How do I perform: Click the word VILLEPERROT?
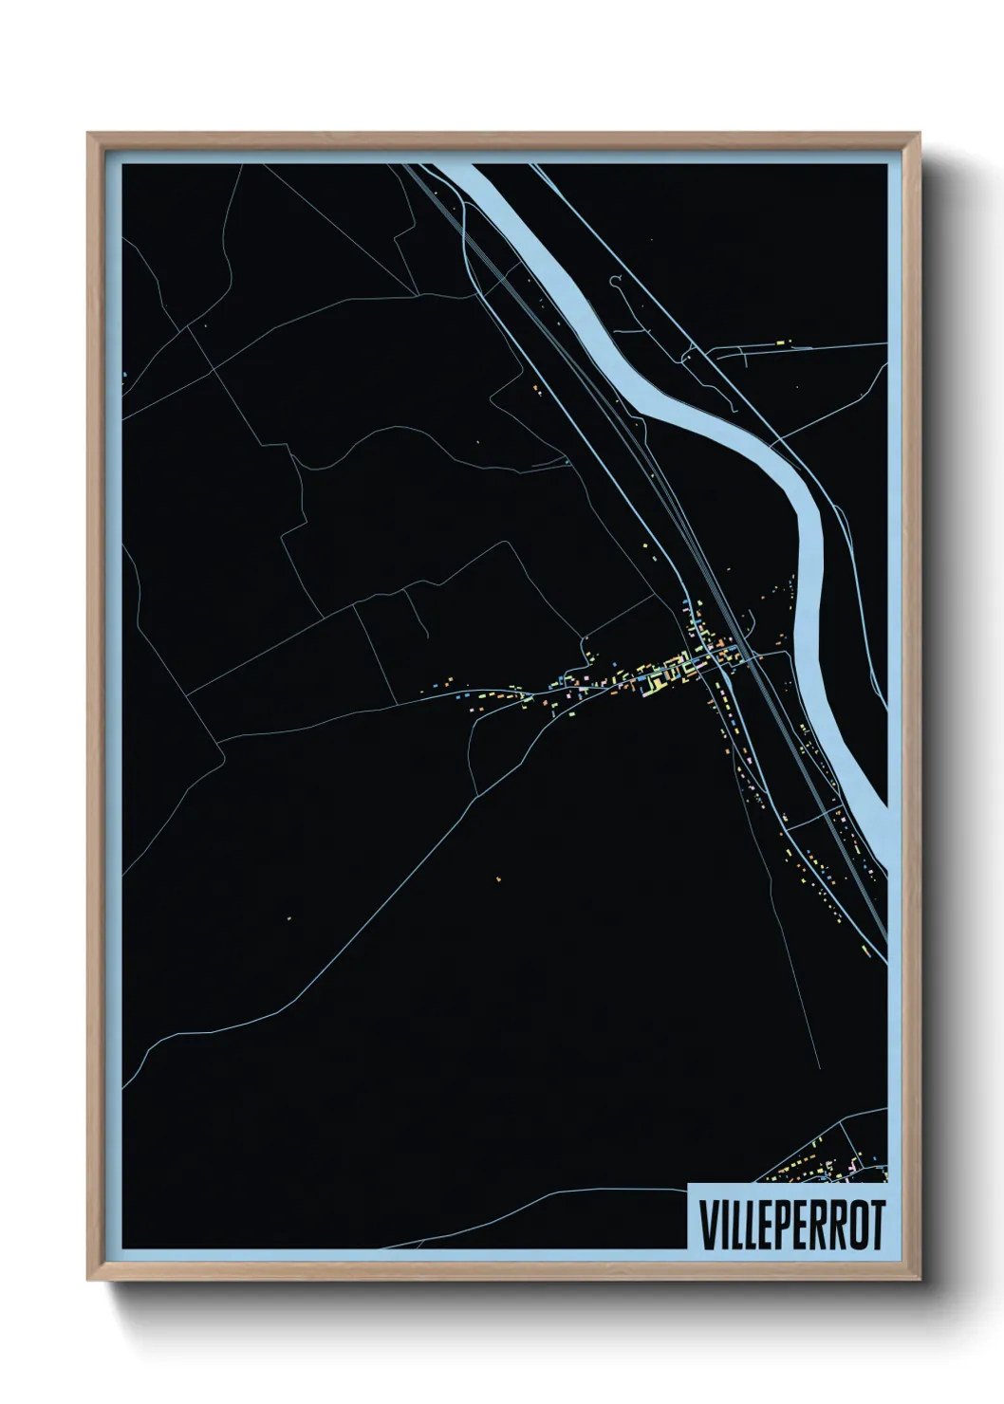coord(791,1225)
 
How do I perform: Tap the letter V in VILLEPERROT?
coord(708,1225)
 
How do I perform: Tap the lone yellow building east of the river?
coord(779,339)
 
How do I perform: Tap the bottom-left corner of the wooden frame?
coord(89,1278)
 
